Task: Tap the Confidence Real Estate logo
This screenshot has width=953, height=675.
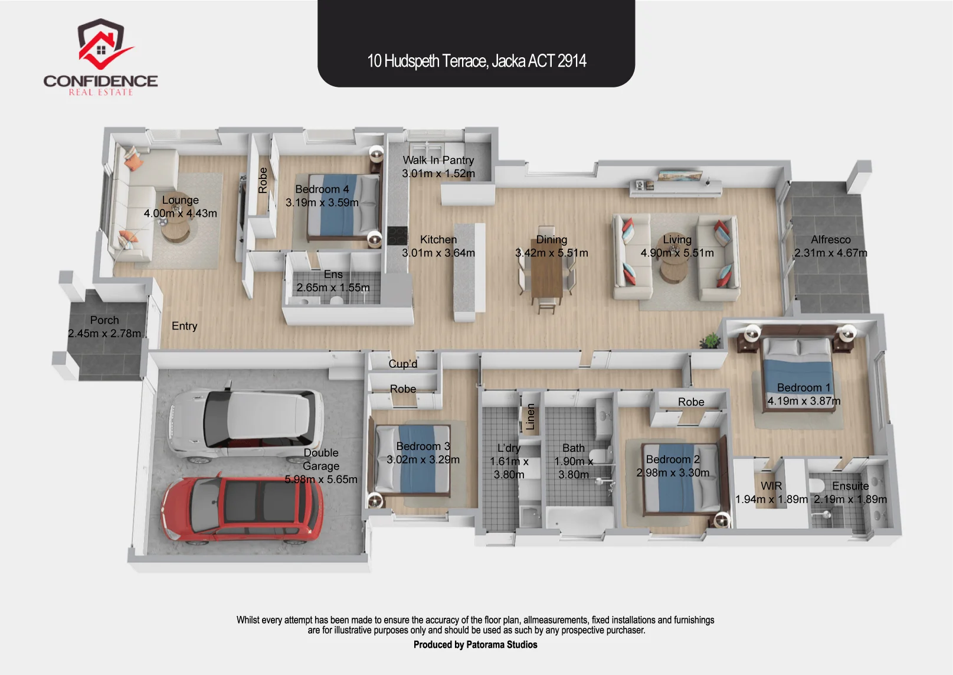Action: [101, 57]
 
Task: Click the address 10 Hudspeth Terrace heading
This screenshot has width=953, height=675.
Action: [477, 61]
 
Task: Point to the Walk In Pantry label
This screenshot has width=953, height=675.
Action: [438, 160]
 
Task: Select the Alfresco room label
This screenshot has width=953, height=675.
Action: [830, 239]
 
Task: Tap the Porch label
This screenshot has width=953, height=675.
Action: [104, 320]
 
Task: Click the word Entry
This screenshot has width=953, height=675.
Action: [184, 326]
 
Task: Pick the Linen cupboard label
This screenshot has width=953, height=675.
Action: [530, 416]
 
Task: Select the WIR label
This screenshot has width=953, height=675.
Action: [771, 486]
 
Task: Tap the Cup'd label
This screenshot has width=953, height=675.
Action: [403, 364]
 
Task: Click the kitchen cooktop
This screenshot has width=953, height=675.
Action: [397, 236]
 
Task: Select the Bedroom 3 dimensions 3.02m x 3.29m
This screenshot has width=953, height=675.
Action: [423, 459]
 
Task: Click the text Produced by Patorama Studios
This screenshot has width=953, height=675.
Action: [475, 645]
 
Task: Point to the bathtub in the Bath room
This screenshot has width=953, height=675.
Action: [579, 518]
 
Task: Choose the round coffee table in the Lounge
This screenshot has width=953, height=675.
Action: [176, 232]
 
